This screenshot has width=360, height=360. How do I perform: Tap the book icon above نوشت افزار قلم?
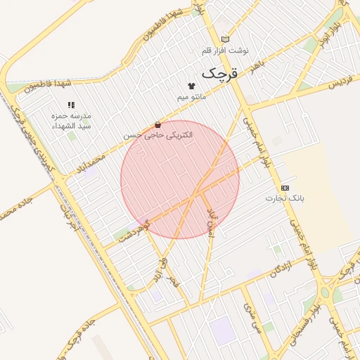[225, 39]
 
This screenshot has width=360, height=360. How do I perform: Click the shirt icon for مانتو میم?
[191, 85]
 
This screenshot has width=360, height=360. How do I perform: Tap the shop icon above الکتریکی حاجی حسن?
[157, 124]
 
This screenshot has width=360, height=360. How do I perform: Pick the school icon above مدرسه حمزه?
[71, 105]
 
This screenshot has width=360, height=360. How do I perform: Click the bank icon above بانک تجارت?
[285, 188]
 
